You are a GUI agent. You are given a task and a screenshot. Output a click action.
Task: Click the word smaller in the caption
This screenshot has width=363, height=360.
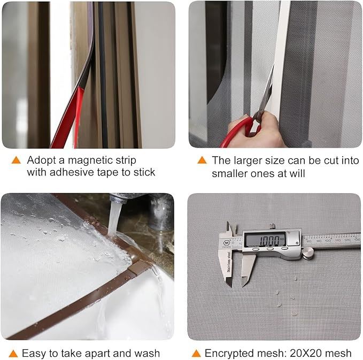pyautogui.click(x=230, y=173)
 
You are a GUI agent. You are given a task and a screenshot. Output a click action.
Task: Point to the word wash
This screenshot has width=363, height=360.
pyautogui.click(x=147, y=354)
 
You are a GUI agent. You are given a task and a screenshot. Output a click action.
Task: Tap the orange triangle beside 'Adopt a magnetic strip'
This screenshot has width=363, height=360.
pyautogui.click(x=16, y=160)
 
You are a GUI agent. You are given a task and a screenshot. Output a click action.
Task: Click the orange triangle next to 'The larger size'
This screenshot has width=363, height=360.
pyautogui.click(x=202, y=160)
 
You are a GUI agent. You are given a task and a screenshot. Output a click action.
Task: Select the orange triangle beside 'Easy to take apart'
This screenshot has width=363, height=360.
pyautogui.click(x=13, y=354)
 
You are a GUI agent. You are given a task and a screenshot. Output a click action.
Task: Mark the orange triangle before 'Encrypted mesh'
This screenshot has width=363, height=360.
pyautogui.click(x=196, y=354)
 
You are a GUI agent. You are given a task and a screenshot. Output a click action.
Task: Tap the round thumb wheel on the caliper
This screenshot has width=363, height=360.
pyautogui.click(x=308, y=252)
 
